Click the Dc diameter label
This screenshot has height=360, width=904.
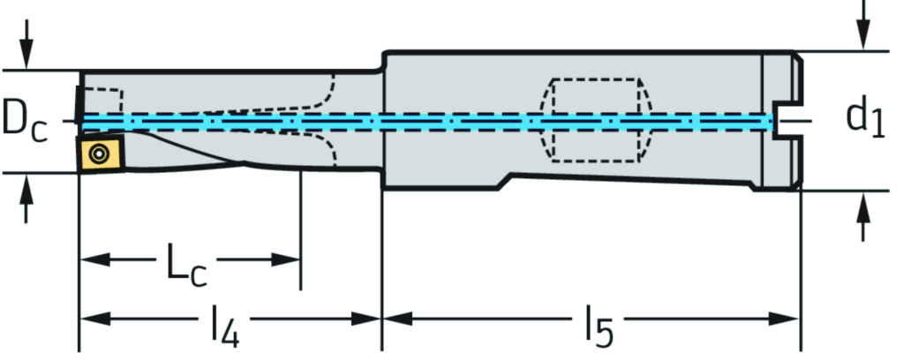24,121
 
